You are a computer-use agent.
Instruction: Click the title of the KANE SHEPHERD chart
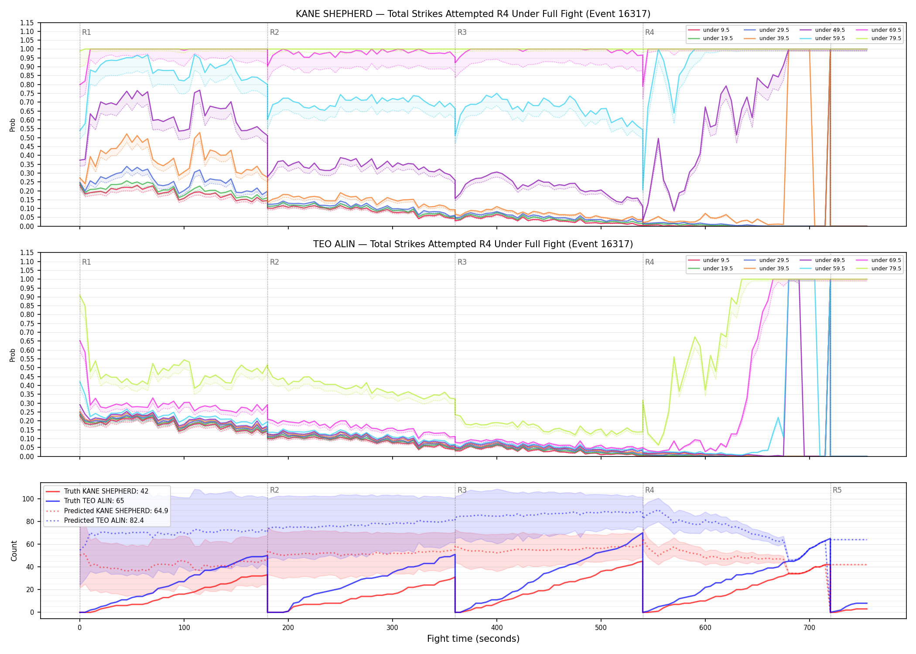click(x=473, y=14)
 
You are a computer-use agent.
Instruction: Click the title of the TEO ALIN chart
click(x=473, y=244)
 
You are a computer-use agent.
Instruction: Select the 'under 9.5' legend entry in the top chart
click(x=709, y=30)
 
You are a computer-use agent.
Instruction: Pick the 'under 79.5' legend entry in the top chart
click(x=878, y=38)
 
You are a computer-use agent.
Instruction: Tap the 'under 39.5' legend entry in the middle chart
click(x=766, y=269)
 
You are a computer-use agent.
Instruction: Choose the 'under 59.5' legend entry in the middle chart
click(x=822, y=269)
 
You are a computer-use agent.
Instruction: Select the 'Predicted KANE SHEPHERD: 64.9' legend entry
click(x=107, y=511)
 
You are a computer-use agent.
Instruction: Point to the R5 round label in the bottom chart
click(x=837, y=490)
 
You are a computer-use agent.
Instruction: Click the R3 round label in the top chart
click(x=462, y=32)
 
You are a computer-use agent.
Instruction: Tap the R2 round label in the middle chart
click(x=274, y=262)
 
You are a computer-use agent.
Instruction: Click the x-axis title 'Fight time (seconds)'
click(x=473, y=639)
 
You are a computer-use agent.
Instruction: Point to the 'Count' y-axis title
click(x=14, y=551)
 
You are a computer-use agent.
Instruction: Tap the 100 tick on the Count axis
click(x=28, y=499)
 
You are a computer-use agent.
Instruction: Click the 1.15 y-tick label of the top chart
click(x=27, y=23)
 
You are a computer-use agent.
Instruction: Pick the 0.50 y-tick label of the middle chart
click(x=27, y=368)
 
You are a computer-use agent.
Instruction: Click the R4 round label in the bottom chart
click(x=649, y=490)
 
